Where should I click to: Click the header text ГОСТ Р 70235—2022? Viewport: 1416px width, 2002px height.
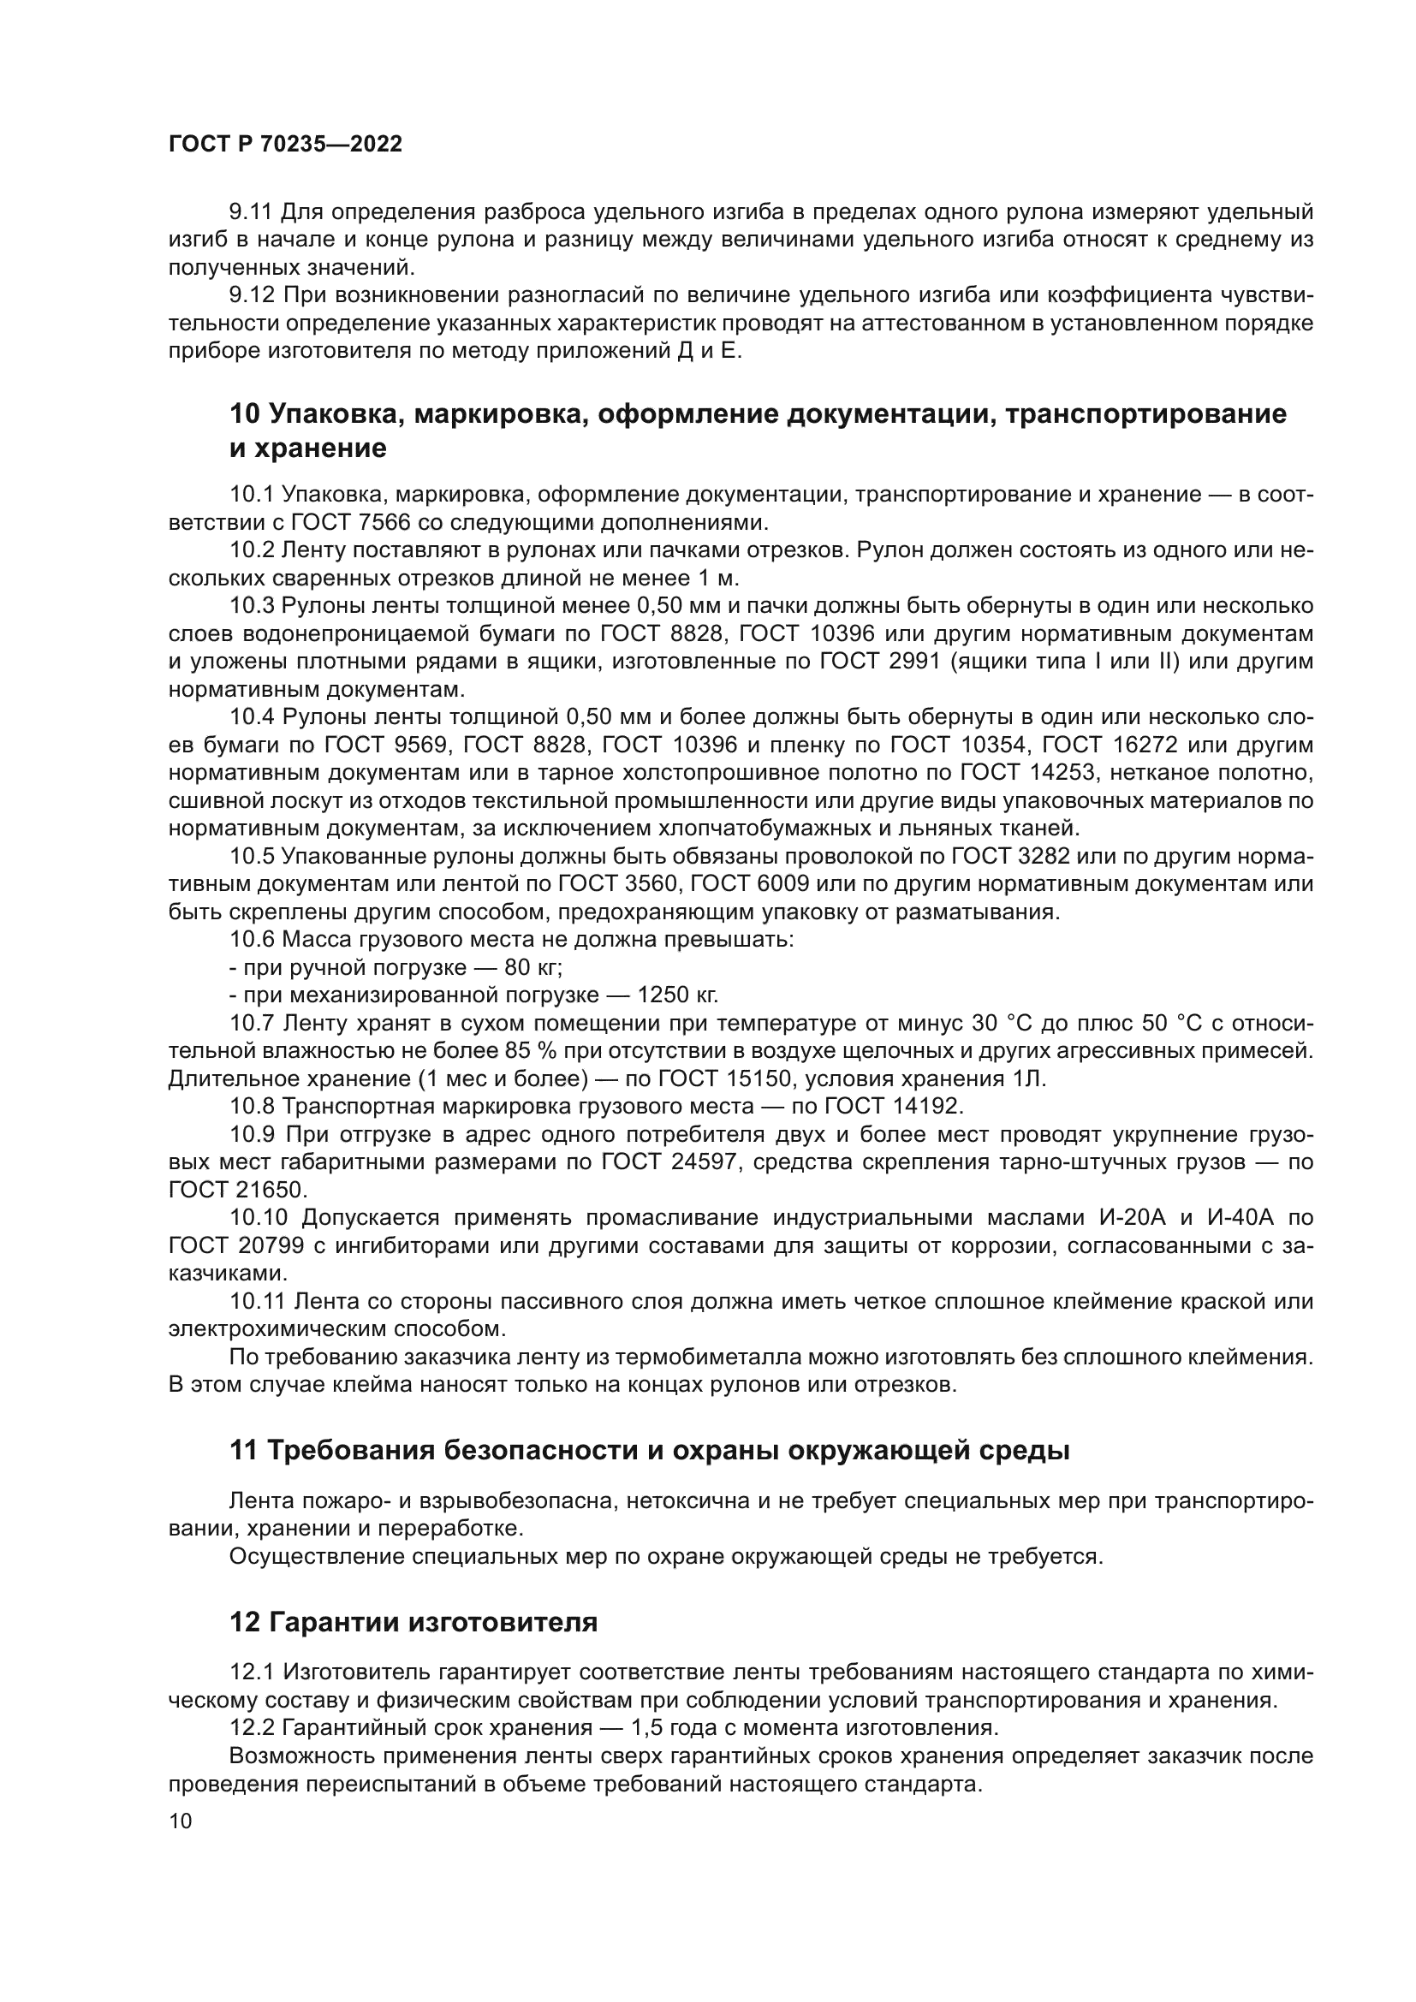tap(285, 145)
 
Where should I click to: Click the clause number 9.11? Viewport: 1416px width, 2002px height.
tap(251, 212)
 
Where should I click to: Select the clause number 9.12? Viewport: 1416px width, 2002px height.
tap(252, 295)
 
